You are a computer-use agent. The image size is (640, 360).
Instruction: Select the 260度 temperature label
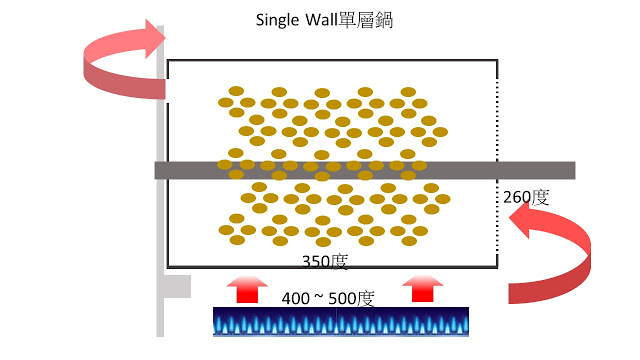pyautogui.click(x=526, y=197)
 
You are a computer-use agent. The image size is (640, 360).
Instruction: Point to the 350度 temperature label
pyautogui.click(x=325, y=262)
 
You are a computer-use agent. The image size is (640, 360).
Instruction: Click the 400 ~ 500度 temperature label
pyautogui.click(x=328, y=298)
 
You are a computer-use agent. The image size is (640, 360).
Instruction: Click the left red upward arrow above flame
pyautogui.click(x=247, y=289)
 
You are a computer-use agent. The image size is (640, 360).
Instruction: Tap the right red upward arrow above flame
pyautogui.click(x=422, y=288)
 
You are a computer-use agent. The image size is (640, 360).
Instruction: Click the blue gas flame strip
pyautogui.click(x=341, y=322)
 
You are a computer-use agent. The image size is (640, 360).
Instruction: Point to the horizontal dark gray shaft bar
pyautogui.click(x=365, y=170)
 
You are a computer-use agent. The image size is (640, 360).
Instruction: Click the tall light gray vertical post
pyautogui.click(x=160, y=181)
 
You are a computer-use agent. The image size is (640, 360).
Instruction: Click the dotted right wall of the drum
pyautogui.click(x=497, y=163)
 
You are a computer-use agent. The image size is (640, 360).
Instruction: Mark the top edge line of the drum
pyautogui.click(x=332, y=60)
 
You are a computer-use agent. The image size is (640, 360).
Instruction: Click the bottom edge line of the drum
pyautogui.click(x=332, y=267)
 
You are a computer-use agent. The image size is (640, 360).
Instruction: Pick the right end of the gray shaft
pyautogui.click(x=575, y=170)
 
